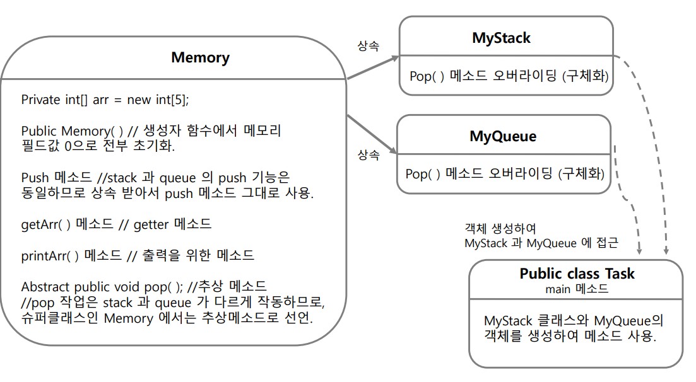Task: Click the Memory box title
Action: tap(200, 57)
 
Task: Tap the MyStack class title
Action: tap(501, 38)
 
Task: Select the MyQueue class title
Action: tap(503, 136)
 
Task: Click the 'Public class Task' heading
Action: tap(577, 274)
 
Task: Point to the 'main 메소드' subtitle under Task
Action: tap(577, 289)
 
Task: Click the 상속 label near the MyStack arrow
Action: tap(369, 45)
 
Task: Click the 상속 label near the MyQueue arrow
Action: tap(369, 155)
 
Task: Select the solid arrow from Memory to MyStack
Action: tap(373, 67)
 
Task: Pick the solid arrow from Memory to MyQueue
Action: tap(372, 134)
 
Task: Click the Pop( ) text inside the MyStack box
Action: tap(427, 76)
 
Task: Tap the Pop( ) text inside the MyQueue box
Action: tap(423, 174)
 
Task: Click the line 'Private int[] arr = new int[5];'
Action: tap(105, 100)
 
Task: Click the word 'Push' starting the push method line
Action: tap(35, 178)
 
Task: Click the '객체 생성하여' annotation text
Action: tap(500, 229)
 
